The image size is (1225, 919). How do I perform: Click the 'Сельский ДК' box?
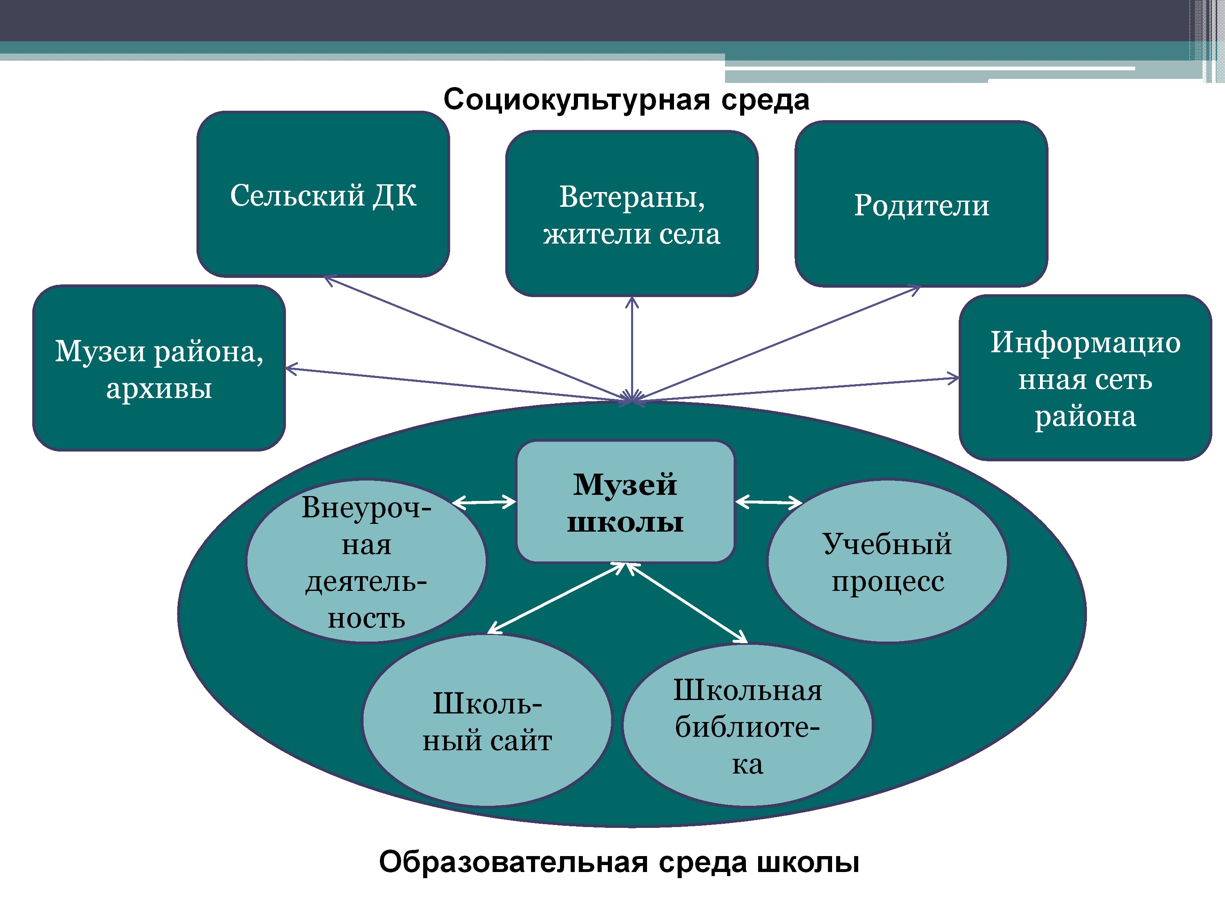pyautogui.click(x=323, y=194)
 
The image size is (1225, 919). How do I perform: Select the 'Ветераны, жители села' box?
pyautogui.click(x=631, y=214)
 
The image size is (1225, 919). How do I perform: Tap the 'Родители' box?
pyautogui.click(x=921, y=204)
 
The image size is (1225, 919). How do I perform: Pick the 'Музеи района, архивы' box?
pyautogui.click(x=159, y=368)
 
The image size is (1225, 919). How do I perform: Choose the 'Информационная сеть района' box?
pyautogui.click(x=1085, y=378)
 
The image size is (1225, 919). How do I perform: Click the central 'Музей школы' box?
pyautogui.click(x=625, y=502)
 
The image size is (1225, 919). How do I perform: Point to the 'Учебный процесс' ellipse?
pyautogui.click(x=887, y=561)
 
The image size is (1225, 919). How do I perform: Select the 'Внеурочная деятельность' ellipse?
pyautogui.click(x=366, y=561)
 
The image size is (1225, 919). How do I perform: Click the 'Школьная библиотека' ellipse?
pyautogui.click(x=747, y=726)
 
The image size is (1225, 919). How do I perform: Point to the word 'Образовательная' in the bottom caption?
pyautogui.click(x=513, y=862)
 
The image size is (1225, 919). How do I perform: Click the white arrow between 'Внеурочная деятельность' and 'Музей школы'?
pyautogui.click(x=484, y=503)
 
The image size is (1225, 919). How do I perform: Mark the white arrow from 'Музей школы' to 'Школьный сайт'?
pyautogui.click(x=556, y=598)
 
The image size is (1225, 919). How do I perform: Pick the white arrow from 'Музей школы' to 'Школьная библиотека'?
pyautogui.click(x=687, y=602)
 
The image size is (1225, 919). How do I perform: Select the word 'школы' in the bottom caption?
pyautogui.click(x=808, y=862)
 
